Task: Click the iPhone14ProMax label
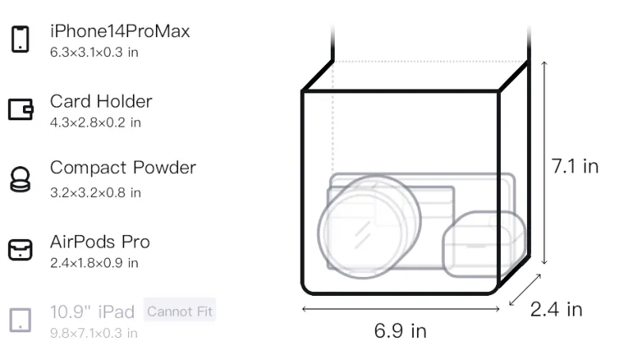(120, 32)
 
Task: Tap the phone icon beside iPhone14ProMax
(21, 39)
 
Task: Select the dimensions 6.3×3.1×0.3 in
(94, 52)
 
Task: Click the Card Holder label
(101, 101)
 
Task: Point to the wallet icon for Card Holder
(21, 109)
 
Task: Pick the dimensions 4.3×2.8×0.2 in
(95, 123)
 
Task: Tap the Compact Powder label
(123, 168)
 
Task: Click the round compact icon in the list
(21, 179)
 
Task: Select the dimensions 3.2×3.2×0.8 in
(95, 192)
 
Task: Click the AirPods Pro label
(100, 242)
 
